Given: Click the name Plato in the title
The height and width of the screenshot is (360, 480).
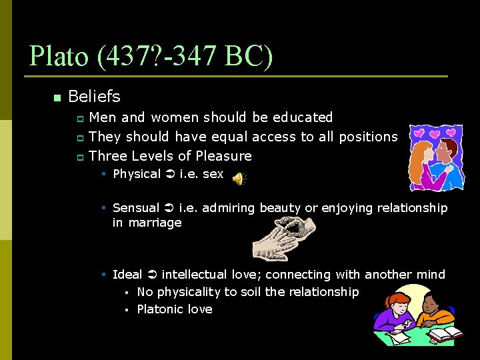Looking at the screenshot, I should click(59, 57).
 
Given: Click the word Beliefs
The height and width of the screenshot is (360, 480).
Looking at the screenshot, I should click(94, 97).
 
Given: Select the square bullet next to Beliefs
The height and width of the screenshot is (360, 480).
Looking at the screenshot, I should click(57, 98).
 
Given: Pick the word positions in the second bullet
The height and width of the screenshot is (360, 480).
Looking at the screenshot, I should click(368, 137).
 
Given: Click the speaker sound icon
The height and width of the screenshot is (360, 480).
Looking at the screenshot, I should click(238, 177).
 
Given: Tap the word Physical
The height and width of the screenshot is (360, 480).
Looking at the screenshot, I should click(137, 174).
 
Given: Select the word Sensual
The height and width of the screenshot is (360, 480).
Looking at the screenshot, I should click(136, 208).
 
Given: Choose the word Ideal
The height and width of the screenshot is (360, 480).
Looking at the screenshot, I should click(127, 275).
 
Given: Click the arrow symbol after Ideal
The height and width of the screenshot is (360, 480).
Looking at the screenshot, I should click(152, 275).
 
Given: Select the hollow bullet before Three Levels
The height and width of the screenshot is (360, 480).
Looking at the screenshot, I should click(79, 157).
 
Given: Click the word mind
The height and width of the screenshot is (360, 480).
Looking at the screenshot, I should click(431, 275).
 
